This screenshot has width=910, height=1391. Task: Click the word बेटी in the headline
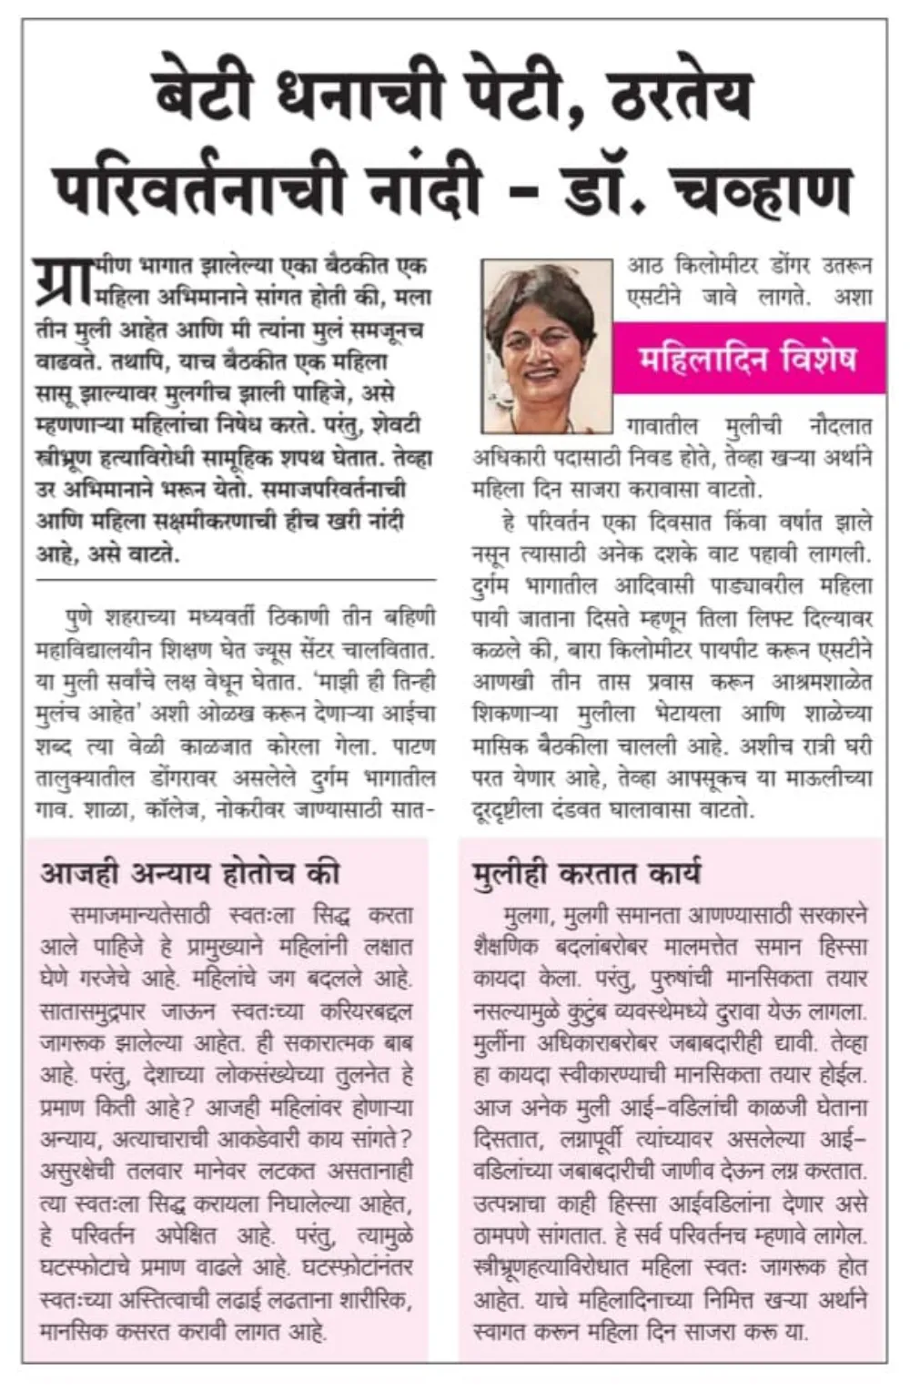pyautogui.click(x=209, y=91)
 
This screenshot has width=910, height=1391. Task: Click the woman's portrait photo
pyautogui.click(x=546, y=347)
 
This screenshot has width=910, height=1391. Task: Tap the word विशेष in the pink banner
pyautogui.click(x=813, y=360)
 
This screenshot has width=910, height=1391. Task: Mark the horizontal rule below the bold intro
pyautogui.click(x=237, y=579)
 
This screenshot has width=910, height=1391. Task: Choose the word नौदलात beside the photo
pyautogui.click(x=841, y=426)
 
